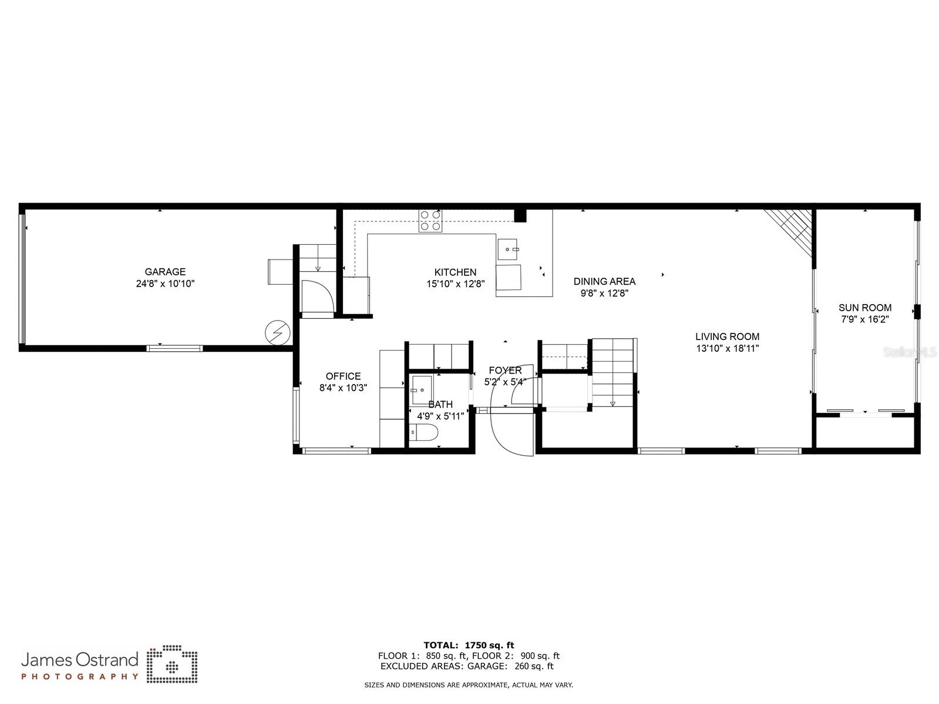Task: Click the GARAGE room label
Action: (165, 272)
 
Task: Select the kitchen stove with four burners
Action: (430, 221)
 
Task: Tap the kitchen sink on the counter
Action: (509, 250)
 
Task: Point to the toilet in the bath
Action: (424, 433)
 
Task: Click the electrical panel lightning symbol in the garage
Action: (277, 332)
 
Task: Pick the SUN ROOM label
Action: (864, 308)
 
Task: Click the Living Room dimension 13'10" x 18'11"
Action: (727, 348)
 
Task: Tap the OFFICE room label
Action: (343, 376)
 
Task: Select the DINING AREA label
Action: (604, 282)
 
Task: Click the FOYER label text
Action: (505, 370)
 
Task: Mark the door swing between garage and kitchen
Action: (318, 297)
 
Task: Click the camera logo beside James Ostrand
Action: (172, 665)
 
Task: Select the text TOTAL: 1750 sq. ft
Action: (469, 645)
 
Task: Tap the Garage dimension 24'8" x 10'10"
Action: (165, 284)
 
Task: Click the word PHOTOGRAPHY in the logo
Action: (80, 676)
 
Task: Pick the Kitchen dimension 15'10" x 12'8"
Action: (455, 284)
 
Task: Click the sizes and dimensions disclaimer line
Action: (469, 685)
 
